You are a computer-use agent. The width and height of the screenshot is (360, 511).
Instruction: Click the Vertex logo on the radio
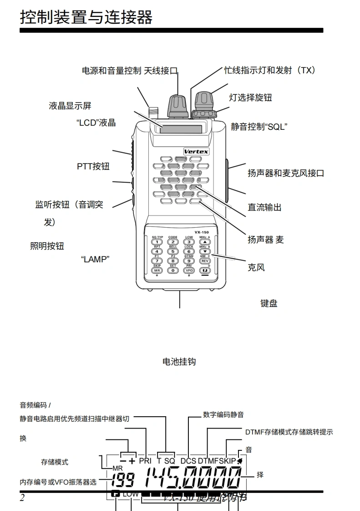(196, 151)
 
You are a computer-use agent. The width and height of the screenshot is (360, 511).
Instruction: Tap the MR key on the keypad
(157, 270)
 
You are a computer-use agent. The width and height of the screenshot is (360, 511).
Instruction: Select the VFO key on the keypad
(189, 270)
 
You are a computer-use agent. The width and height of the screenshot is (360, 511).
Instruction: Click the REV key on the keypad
(205, 261)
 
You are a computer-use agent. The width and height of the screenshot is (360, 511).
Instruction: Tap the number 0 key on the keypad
(172, 270)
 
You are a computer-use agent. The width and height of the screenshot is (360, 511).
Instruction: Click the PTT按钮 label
(93, 166)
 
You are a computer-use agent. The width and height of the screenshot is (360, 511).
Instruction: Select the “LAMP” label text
(96, 259)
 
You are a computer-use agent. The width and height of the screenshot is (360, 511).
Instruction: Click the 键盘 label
(269, 303)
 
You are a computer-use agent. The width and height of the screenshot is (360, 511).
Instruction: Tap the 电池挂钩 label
(179, 362)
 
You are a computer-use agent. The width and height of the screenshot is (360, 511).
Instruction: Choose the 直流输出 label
(264, 207)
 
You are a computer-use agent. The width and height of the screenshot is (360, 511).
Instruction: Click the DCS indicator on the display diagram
(188, 461)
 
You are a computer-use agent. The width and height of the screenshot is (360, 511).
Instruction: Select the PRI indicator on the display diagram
(145, 461)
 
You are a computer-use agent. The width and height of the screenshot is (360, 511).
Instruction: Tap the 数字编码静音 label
(223, 414)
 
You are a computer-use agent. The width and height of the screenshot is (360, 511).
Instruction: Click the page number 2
(22, 498)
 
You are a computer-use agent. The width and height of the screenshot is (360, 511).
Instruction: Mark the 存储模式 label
(55, 462)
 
